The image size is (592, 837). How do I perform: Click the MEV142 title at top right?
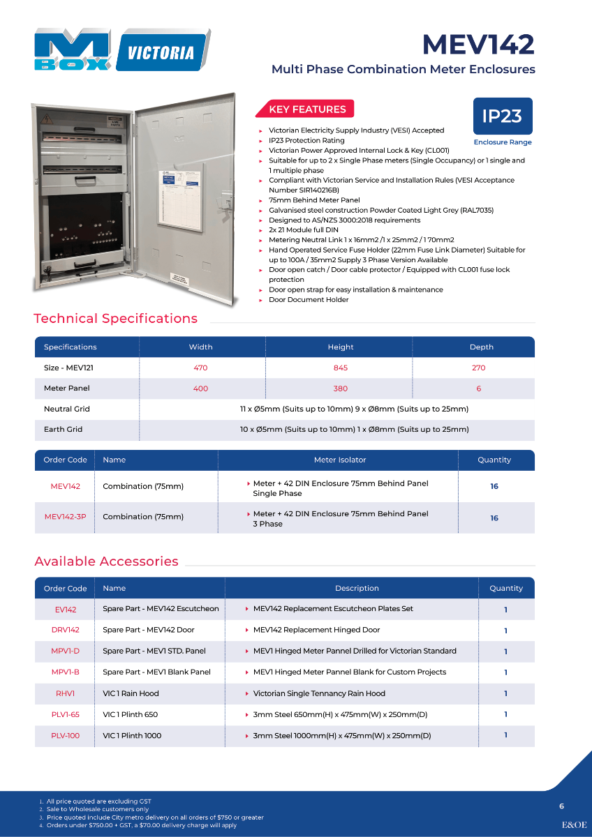pos(478,45)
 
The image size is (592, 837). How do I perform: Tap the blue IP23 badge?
pos(502,116)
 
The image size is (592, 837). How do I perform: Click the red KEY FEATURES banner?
pos(307,109)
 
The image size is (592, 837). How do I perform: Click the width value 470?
pos(200,368)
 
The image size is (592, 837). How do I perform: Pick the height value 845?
pos(341,368)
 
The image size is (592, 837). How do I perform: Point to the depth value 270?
pos(478,368)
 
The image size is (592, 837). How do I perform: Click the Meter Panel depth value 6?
pos(479,389)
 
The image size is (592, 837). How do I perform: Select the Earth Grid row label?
pos(64,429)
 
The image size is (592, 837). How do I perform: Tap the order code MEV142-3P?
pos(65,517)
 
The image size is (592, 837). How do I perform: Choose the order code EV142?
pos(66,609)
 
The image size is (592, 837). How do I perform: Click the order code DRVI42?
pos(66,630)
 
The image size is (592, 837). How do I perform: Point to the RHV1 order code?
pos(66,693)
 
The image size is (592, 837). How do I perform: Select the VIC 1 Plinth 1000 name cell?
pos(132,735)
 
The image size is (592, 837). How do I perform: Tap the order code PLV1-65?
pos(66,714)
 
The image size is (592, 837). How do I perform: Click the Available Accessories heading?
pos(106,561)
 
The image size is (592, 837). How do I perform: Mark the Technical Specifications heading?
pos(116,319)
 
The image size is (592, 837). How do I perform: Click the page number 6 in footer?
pos(561,806)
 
